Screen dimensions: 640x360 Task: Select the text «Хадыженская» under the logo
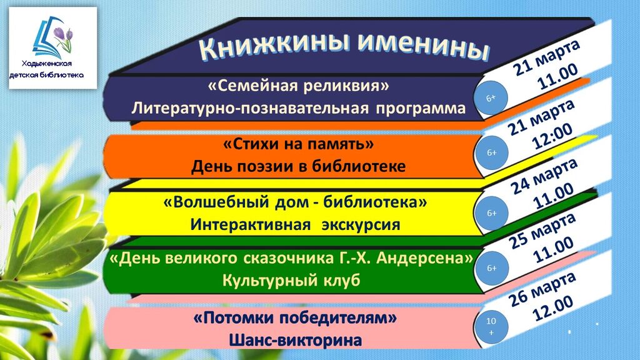tap(46, 64)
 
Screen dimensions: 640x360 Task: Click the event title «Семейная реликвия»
tap(298, 86)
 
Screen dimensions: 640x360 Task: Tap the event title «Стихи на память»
tap(298, 144)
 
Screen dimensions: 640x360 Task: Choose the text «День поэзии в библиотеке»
tap(298, 166)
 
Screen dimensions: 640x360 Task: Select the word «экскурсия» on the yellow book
tap(361, 225)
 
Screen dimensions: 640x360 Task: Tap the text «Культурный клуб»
tap(291, 281)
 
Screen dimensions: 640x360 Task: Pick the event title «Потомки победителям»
tap(295, 317)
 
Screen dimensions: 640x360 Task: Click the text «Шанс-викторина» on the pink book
tap(295, 340)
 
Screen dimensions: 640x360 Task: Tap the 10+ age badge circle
tap(491, 326)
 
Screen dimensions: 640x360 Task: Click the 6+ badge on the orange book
tap(491, 152)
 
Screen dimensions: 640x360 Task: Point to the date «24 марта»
tap(544, 176)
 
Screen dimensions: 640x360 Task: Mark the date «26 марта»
tap(542, 290)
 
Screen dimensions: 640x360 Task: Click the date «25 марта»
tap(542, 231)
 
